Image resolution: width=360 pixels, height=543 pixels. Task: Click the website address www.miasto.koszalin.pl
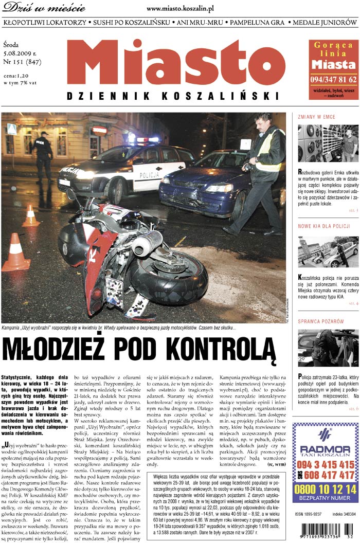[x=180, y=9]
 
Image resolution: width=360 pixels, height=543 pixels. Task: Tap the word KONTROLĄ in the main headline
[x=222, y=351]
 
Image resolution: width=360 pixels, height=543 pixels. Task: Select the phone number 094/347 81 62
[x=333, y=79]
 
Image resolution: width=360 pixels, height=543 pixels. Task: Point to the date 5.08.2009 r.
[x=20, y=53]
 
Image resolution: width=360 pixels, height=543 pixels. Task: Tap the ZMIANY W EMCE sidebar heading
[x=316, y=117]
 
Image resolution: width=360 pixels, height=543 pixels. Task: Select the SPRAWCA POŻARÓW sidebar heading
[x=320, y=321]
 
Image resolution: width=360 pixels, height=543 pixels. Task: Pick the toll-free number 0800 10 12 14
[x=325, y=488]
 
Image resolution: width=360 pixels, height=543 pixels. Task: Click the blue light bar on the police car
[x=147, y=139]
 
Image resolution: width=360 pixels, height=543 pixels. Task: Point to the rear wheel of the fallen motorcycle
[x=170, y=278]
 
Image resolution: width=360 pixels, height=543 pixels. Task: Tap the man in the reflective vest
[x=265, y=170]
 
